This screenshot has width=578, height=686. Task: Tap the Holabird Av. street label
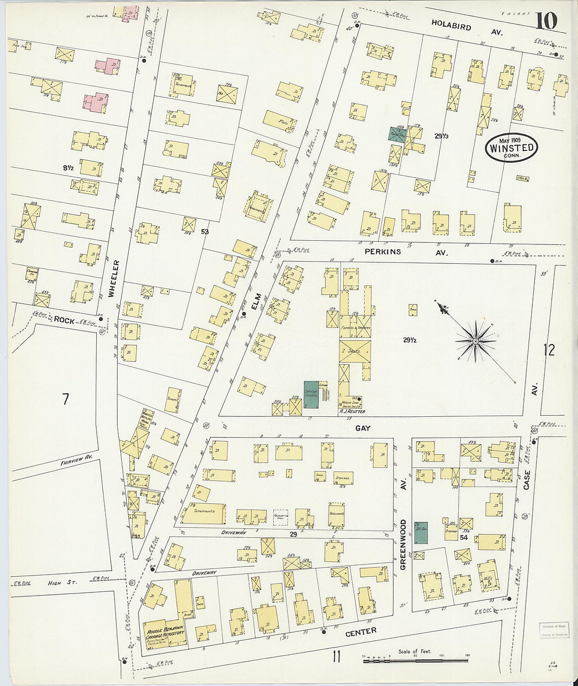click(467, 27)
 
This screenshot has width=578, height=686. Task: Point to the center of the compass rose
click(475, 341)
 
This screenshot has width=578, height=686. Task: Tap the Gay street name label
click(363, 428)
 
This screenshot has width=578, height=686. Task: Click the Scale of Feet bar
click(415, 658)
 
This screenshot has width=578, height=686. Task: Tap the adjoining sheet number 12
click(549, 350)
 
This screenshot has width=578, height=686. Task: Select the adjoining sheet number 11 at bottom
click(337, 657)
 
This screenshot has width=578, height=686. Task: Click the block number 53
click(205, 231)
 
